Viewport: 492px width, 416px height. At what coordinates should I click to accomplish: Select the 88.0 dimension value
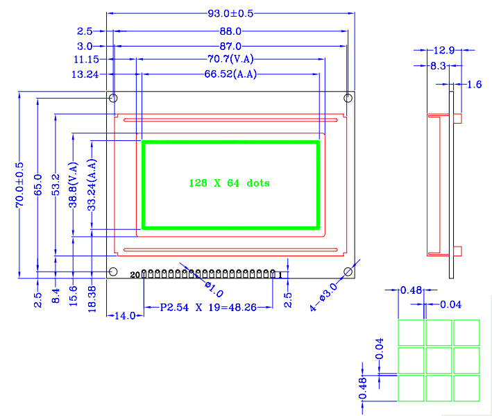[230, 31]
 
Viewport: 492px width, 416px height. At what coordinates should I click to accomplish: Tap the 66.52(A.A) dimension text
[230, 74]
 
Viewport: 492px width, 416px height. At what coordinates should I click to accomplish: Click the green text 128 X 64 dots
[229, 183]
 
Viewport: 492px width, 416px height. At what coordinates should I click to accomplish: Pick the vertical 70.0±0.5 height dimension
[19, 185]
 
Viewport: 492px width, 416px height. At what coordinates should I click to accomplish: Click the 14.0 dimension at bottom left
[124, 315]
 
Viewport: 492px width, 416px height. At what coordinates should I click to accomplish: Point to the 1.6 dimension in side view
[474, 84]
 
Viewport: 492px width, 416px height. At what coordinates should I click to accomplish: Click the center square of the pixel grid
[439, 360]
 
